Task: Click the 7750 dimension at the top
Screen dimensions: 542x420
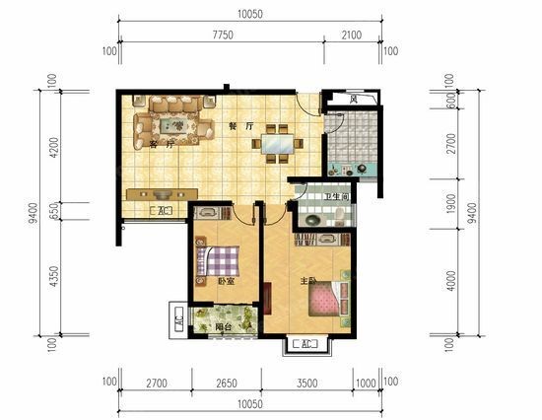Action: point(223,35)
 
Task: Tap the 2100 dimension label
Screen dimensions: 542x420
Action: point(352,35)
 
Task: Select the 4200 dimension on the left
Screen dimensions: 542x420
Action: point(54,148)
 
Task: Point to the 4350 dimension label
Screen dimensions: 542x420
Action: point(54,276)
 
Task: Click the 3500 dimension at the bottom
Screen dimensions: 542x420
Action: point(306,383)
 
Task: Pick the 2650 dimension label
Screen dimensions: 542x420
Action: point(227,383)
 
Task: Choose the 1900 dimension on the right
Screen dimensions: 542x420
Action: point(451,203)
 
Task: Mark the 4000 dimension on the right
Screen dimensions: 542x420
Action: point(451,281)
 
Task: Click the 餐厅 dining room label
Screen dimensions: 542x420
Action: point(241,126)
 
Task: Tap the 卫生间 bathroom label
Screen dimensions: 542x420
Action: point(337,197)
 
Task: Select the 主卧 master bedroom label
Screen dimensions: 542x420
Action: point(308,281)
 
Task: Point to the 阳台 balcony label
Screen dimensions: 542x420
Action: point(223,327)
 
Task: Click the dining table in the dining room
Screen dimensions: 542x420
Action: point(278,144)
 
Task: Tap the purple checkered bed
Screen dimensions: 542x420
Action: point(218,261)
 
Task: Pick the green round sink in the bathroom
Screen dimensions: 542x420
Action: point(312,220)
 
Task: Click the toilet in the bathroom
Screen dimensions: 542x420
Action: point(339,216)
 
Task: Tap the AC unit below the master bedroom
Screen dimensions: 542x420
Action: point(305,344)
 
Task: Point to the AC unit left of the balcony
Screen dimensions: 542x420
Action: point(178,320)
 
